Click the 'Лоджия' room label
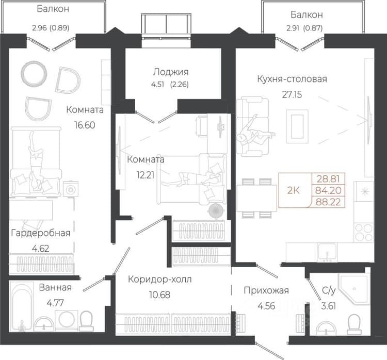[171, 72]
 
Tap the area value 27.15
[292, 94]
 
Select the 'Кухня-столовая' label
[292, 79]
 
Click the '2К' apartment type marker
[294, 190]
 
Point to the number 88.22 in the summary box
[328, 202]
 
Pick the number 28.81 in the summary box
[328, 178]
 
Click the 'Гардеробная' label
[41, 233]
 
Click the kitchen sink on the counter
[327, 252]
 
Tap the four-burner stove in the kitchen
[364, 232]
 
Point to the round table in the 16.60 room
[34, 73]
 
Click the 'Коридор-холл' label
[159, 280]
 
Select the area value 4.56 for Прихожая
[266, 306]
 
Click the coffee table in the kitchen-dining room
[297, 126]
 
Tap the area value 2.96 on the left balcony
[39, 28]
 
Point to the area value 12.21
[146, 175]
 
